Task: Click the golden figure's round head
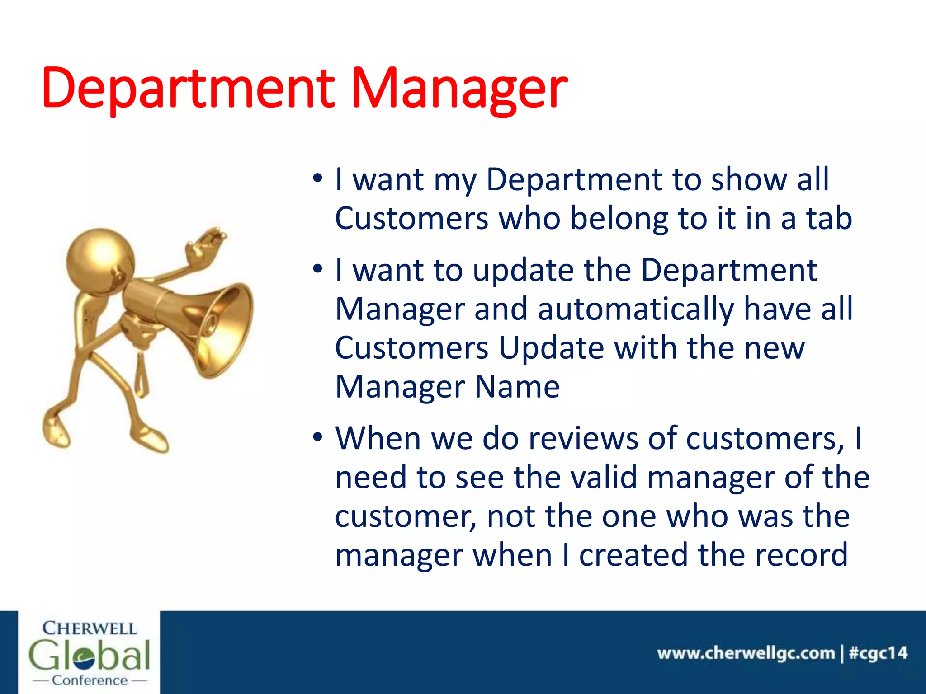click(x=100, y=262)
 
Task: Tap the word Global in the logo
click(x=89, y=655)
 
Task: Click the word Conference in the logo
click(x=90, y=680)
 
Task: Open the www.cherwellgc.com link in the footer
click(x=746, y=653)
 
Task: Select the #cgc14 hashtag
click(x=878, y=653)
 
